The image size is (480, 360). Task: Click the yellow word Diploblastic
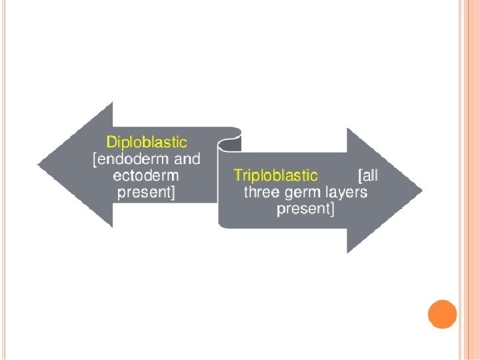click(147, 142)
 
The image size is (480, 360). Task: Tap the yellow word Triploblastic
click(275, 175)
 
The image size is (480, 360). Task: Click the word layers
click(345, 193)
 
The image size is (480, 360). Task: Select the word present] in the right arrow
click(305, 210)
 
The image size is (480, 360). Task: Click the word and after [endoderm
click(187, 159)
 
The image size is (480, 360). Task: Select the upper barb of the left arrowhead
click(111, 105)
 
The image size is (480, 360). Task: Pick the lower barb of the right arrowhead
click(349, 250)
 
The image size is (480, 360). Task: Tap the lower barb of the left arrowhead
click(111, 225)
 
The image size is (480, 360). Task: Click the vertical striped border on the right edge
click(469, 180)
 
